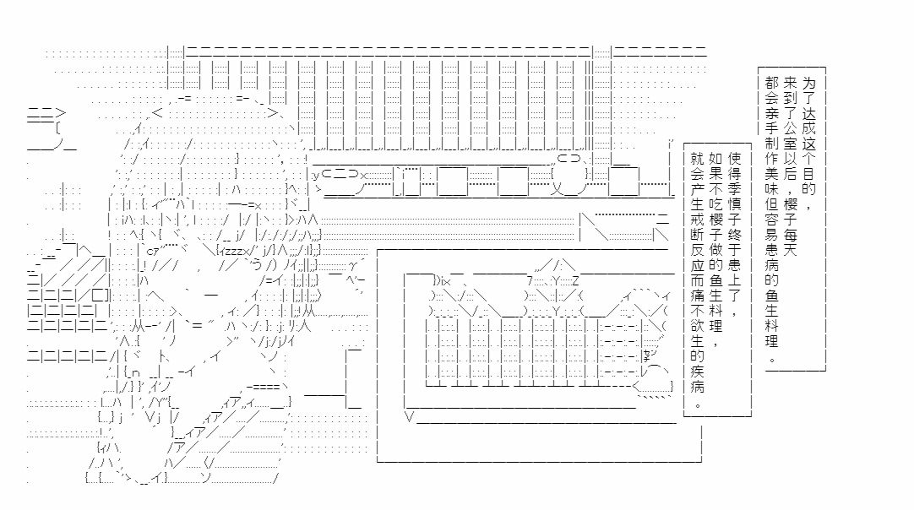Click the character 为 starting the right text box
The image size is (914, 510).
point(808,82)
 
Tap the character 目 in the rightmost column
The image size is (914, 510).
point(808,173)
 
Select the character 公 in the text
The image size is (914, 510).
point(791,127)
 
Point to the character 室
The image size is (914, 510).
point(791,143)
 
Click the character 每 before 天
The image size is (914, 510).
point(791,234)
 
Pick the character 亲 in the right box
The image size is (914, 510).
point(772,112)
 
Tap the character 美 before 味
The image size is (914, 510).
point(772,173)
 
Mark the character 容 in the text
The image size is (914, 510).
point(772,220)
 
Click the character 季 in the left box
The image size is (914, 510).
point(734,188)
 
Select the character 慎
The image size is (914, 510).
point(734,203)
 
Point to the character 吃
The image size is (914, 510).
point(715,203)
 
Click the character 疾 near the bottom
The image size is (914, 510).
point(698,372)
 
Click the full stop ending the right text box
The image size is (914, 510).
point(772,359)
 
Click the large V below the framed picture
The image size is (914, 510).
point(410,416)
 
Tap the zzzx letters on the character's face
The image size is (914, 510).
point(234,252)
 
